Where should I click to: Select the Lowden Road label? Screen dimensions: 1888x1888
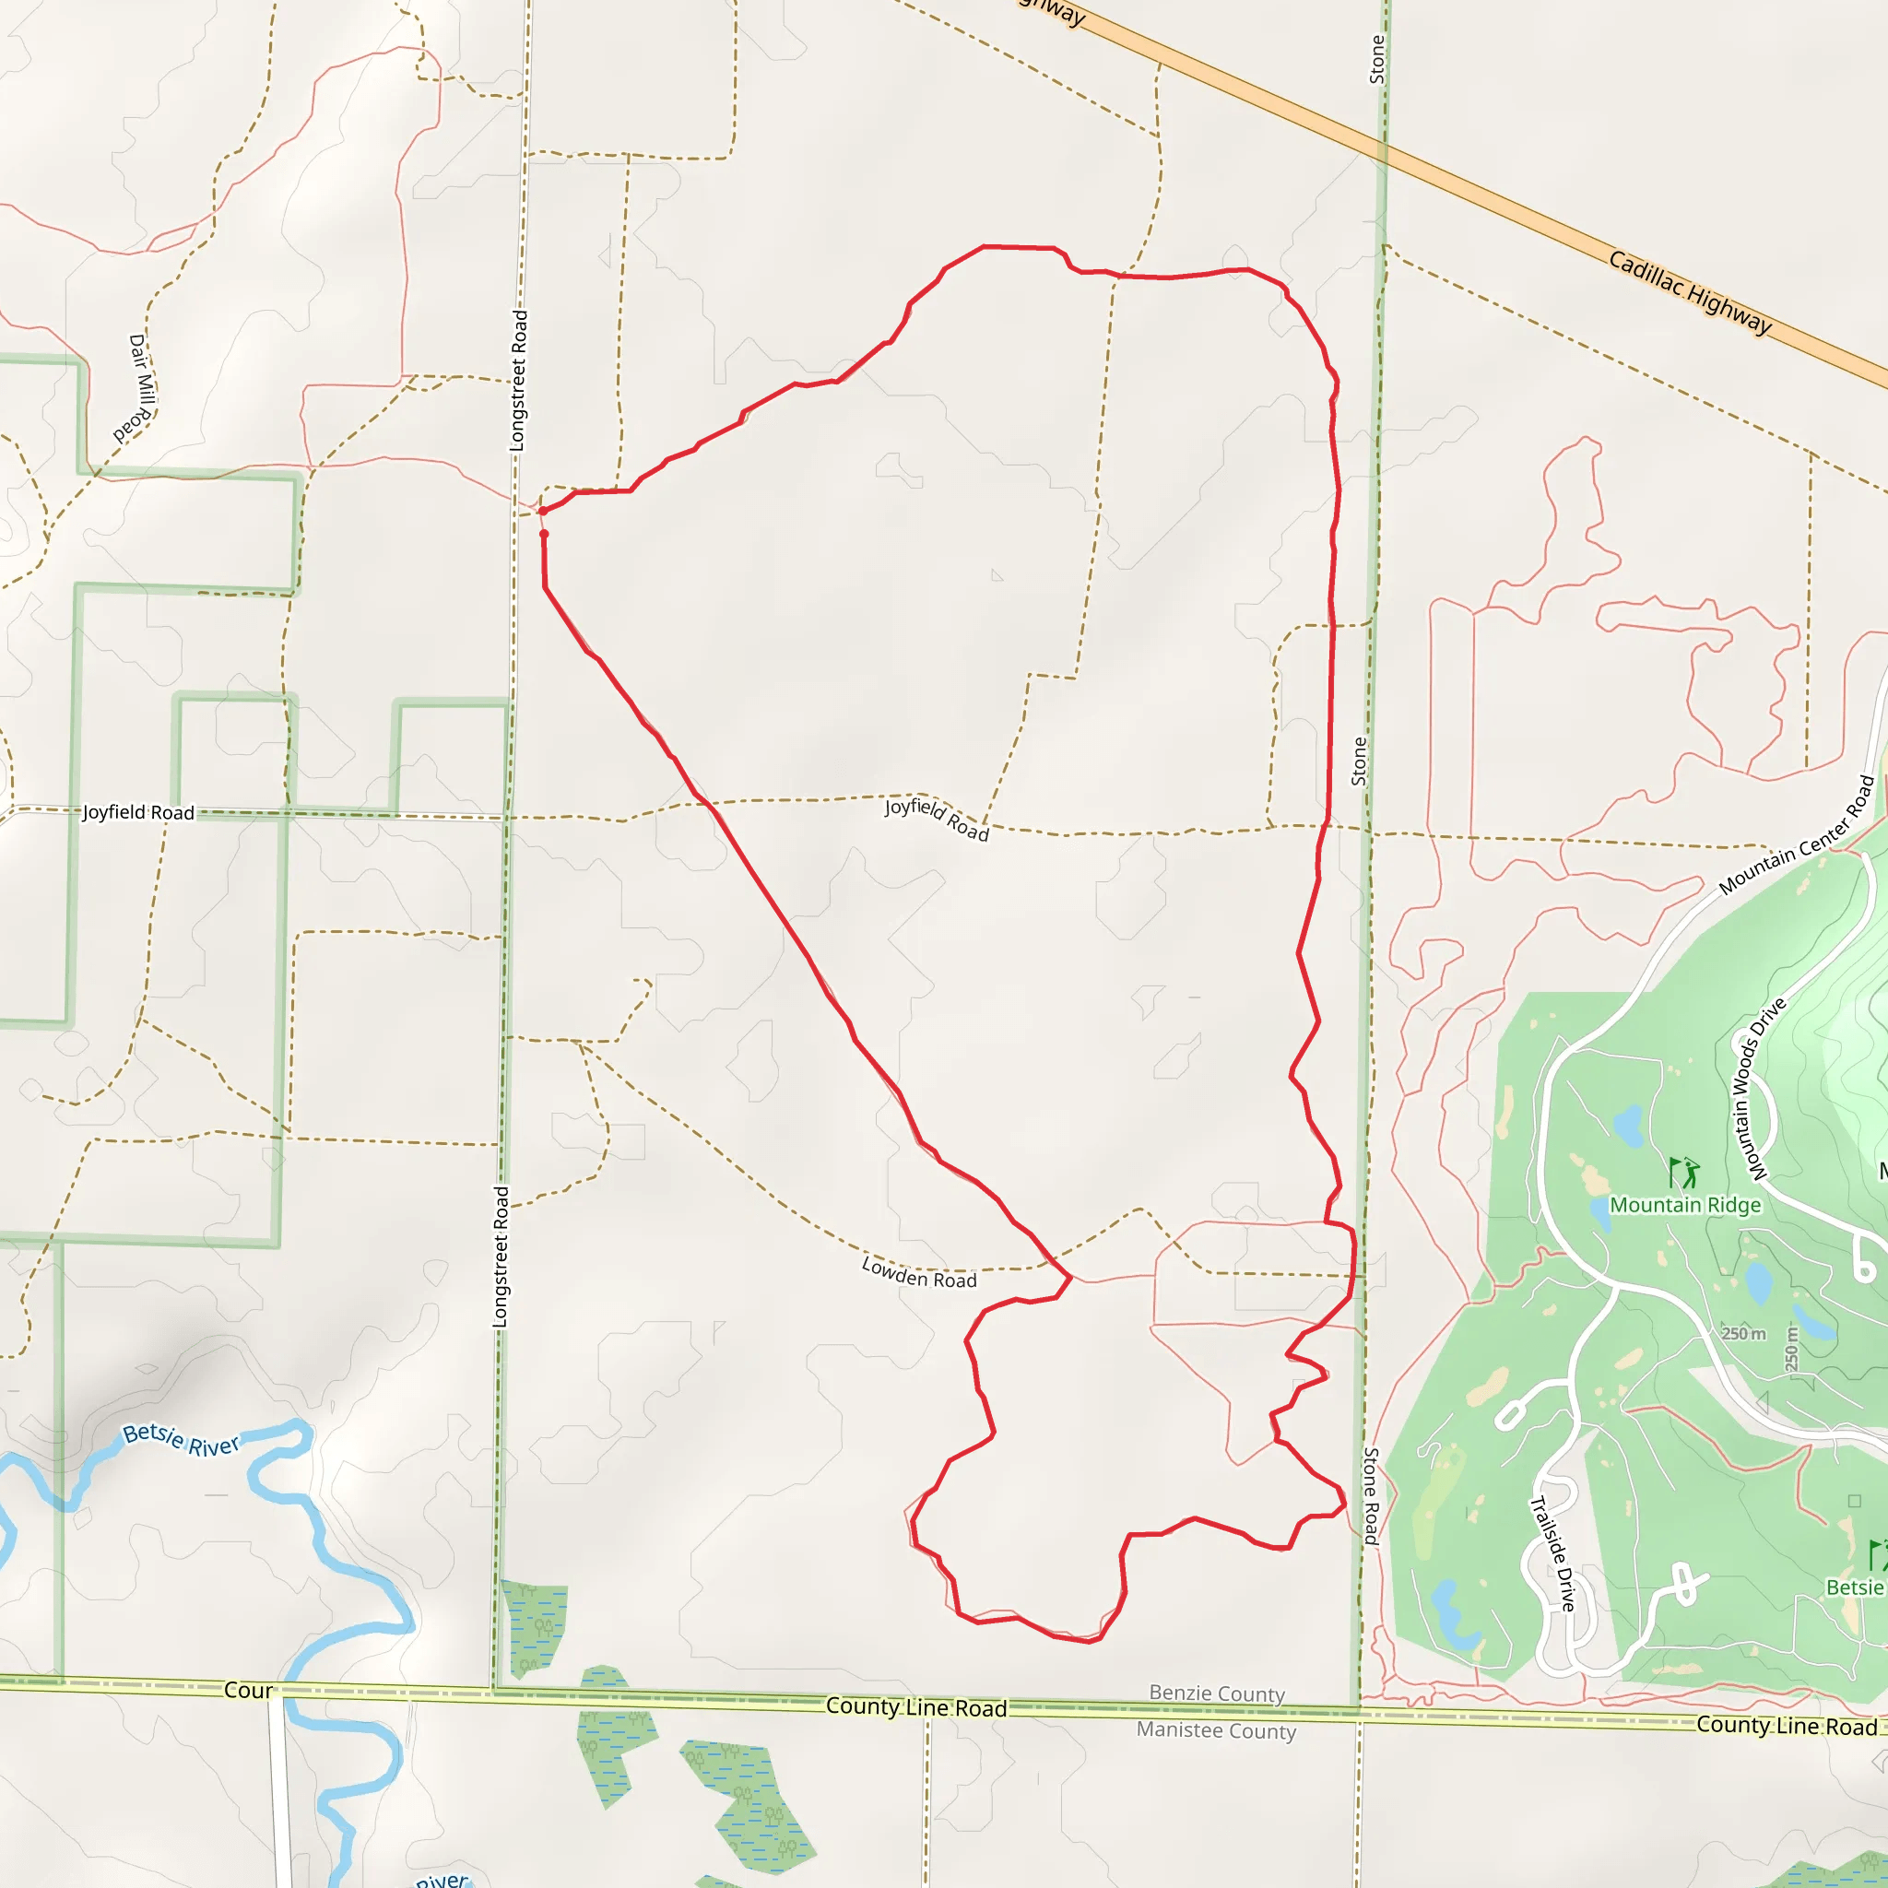[x=918, y=1273]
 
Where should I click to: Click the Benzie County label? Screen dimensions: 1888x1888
[x=1217, y=1693]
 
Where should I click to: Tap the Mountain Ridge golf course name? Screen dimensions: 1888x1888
[x=1685, y=1205]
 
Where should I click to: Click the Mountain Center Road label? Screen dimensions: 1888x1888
[x=1797, y=835]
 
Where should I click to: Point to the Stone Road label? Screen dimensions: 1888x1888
[x=1370, y=1495]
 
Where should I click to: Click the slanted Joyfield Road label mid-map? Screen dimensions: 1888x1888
[x=937, y=819]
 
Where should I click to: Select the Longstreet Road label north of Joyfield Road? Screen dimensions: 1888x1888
[x=518, y=380]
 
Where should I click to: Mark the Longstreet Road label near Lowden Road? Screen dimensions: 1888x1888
[x=501, y=1256]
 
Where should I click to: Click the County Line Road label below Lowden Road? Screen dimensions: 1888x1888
[x=915, y=1707]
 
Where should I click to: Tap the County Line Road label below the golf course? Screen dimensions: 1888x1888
[x=1786, y=1726]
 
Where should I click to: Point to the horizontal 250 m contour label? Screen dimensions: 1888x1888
[x=1743, y=1334]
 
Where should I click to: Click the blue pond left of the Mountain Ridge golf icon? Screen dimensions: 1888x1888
[x=1628, y=1126]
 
